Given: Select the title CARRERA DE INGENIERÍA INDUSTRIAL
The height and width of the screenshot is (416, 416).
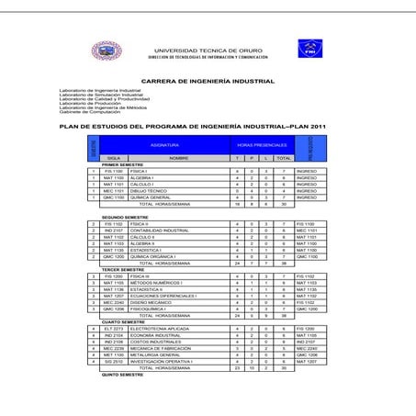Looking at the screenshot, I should (208, 81).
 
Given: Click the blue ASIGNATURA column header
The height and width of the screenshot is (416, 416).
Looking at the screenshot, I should (164, 145).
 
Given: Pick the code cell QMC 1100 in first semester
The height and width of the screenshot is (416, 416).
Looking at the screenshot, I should (113, 197).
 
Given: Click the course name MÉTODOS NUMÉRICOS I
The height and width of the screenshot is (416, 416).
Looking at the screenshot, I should (156, 283).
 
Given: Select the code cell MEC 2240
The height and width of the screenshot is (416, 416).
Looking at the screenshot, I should (113, 302).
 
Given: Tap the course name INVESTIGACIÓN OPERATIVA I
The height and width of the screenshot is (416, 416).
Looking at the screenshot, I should (162, 362).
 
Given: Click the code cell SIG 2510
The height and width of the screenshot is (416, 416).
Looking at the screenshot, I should (113, 362).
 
